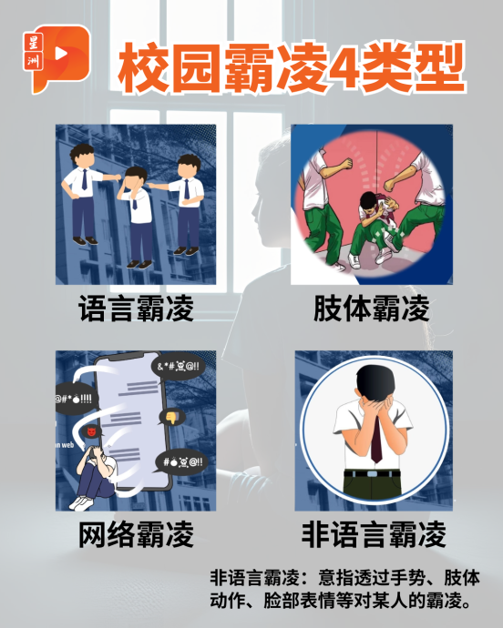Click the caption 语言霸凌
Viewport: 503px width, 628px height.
tap(136, 309)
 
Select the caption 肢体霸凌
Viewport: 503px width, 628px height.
tap(371, 309)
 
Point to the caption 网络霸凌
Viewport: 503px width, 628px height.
tap(136, 534)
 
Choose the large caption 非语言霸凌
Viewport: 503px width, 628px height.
tap(374, 534)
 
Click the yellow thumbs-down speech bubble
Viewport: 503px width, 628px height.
tap(171, 418)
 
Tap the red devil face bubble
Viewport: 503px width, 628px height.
tap(90, 432)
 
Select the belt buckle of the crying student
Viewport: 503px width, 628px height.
tap(372, 474)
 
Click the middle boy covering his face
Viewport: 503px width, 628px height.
tap(137, 218)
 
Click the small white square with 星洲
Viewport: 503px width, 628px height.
tap(34, 51)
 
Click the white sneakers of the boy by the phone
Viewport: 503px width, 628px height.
tap(82, 503)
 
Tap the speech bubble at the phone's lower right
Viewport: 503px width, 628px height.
tap(181, 462)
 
